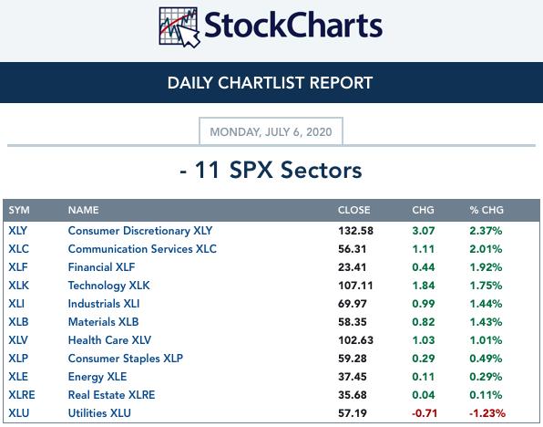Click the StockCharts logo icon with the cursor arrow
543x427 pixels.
(179, 27)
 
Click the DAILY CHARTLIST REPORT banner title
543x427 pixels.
(270, 83)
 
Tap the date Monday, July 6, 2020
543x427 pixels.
(271, 132)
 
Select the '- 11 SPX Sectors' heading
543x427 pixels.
(271, 170)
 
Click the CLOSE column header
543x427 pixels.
(353, 210)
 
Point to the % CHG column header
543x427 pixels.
(487, 210)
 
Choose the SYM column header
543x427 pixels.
(19, 210)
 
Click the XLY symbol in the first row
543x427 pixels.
(17, 231)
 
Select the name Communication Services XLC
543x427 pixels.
(142, 249)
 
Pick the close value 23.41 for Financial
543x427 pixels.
(353, 267)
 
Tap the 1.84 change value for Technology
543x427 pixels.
(424, 286)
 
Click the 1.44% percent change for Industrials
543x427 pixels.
(486, 304)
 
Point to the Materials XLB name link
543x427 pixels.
(104, 322)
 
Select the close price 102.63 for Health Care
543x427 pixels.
(356, 340)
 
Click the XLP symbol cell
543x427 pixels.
(18, 359)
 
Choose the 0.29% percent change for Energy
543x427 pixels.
(486, 377)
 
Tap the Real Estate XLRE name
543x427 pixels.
(111, 395)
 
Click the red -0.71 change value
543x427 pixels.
(425, 413)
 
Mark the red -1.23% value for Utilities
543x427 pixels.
(487, 413)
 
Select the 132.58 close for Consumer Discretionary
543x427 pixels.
(356, 231)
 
